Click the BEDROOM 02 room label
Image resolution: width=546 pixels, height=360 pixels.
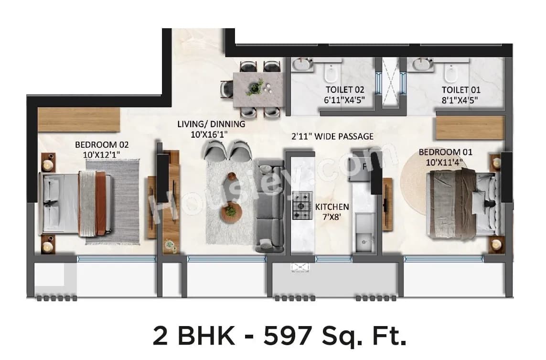pos(102,144)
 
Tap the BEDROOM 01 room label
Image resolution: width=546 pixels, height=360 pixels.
pos(445,152)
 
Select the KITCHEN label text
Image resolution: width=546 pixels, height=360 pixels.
pos(332,207)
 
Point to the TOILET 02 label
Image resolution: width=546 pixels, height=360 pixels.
pos(345,89)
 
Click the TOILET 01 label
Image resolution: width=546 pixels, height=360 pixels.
pos(461,89)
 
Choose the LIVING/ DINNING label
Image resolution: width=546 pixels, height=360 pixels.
pos(211,124)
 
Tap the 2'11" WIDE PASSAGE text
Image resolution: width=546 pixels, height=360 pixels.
pos(332,136)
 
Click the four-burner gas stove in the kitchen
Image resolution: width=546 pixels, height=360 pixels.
pos(302,206)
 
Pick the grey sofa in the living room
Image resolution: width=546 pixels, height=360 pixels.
pos(270,206)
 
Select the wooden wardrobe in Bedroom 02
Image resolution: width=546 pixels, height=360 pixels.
pos(79,119)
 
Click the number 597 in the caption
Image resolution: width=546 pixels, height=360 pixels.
pos(285,336)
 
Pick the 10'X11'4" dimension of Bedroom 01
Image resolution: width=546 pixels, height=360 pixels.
pos(446,163)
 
